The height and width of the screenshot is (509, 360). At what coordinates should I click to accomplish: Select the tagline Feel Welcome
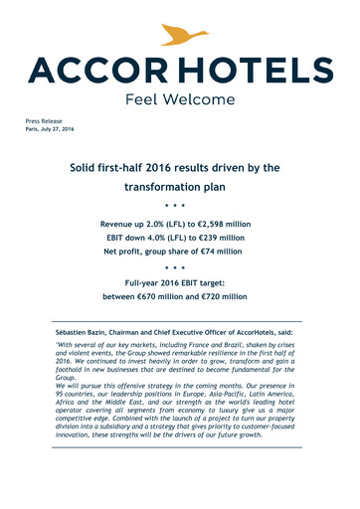pyautogui.click(x=180, y=99)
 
